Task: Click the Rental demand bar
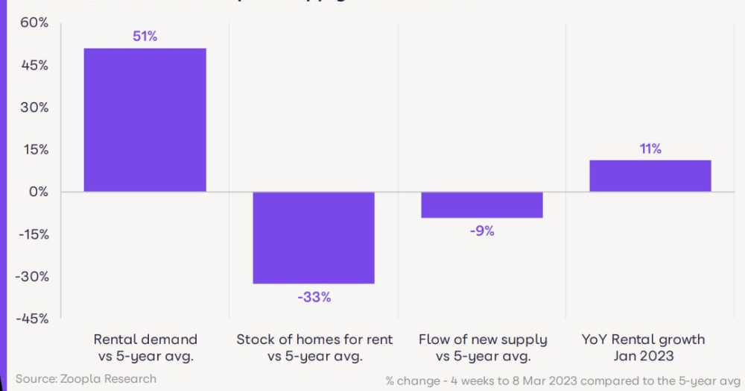tap(145, 120)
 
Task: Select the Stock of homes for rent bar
tap(314, 237)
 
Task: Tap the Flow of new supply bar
tap(482, 204)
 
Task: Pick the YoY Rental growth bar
tap(650, 176)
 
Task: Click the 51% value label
tap(145, 36)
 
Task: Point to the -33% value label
tap(314, 297)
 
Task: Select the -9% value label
tap(482, 231)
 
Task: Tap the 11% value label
tap(650, 148)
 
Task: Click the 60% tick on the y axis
tap(34, 23)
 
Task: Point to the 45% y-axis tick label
tap(34, 65)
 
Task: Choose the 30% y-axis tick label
tap(34, 107)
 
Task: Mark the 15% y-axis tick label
tap(34, 149)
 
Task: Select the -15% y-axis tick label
tap(32, 234)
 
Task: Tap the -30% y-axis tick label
tap(32, 276)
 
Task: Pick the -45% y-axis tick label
tap(32, 319)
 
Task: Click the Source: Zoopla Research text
tap(86, 378)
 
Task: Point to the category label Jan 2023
tap(642, 356)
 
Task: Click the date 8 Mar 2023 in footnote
tap(546, 381)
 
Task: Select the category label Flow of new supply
tap(483, 340)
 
